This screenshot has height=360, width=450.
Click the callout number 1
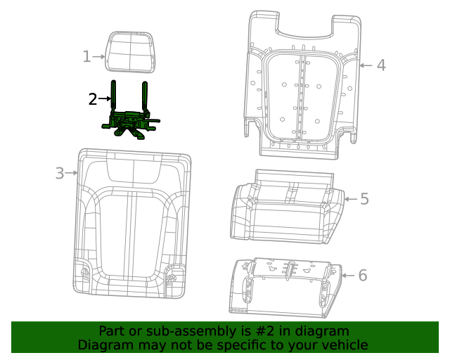pyautogui.click(x=86, y=57)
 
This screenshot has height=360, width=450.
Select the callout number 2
pyautogui.click(x=93, y=99)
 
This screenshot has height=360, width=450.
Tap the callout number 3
pyautogui.click(x=60, y=173)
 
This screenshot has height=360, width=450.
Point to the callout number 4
pyautogui.click(x=380, y=65)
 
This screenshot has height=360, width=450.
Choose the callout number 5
pyautogui.click(x=364, y=199)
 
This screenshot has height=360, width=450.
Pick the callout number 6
pyautogui.click(x=362, y=275)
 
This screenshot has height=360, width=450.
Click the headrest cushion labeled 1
pyautogui.click(x=130, y=51)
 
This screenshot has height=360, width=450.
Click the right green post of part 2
pyautogui.click(x=145, y=97)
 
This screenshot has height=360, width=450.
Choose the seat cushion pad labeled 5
pyautogui.click(x=287, y=211)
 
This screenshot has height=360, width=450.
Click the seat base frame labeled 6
pyautogui.click(x=285, y=287)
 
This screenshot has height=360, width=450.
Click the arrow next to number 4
pyautogui.click(x=366, y=65)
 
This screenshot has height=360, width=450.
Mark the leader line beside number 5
pyautogui.click(x=351, y=199)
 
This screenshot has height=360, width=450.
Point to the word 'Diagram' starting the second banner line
pyautogui.click(x=104, y=345)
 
